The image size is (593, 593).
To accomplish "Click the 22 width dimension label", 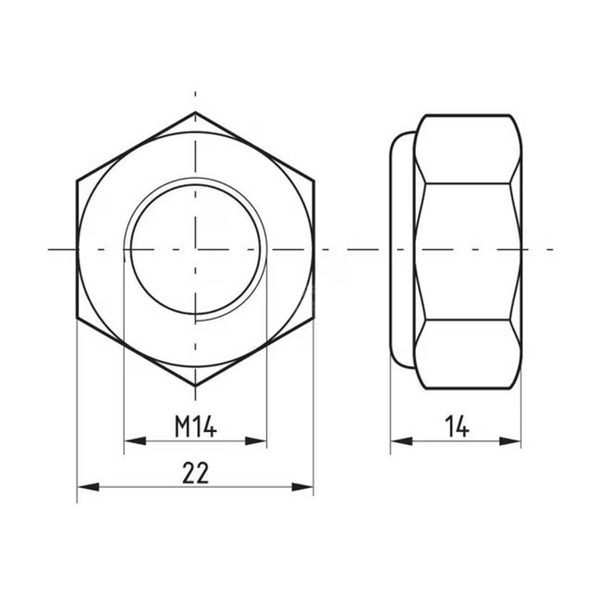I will [196, 473].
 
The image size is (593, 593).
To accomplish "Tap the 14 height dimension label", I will [457, 428].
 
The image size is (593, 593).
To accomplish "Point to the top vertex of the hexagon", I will [196, 113].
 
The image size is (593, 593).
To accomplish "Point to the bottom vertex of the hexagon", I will [196, 386].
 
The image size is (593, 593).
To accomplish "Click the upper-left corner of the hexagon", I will [77, 180].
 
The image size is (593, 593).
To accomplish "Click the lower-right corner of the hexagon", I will [313, 319].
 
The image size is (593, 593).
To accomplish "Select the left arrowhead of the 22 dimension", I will [85, 486].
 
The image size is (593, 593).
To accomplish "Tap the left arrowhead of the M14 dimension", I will [132, 441].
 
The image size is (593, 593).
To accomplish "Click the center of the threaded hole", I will [196, 249].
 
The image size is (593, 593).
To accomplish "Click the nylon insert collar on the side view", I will [402, 249].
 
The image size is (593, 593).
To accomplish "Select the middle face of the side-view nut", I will [467, 249].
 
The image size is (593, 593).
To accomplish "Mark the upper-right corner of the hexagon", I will [313, 180].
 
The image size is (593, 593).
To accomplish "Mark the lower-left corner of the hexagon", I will [77, 319].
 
